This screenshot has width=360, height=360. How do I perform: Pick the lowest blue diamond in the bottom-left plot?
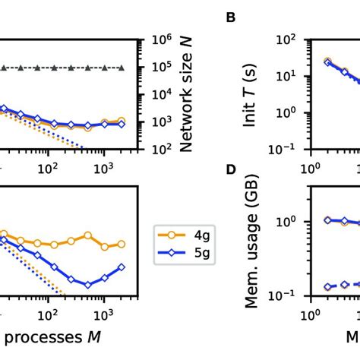[x=88, y=285]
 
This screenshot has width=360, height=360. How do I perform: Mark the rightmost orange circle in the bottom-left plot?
[x=122, y=245]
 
